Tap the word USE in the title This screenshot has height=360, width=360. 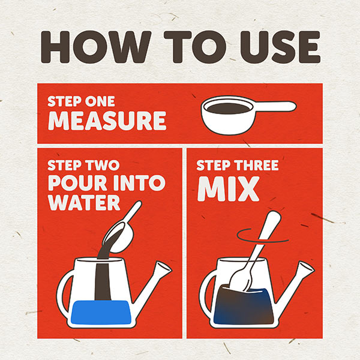pos(280,47)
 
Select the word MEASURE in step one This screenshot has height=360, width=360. pos(107,121)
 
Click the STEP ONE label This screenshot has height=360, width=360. pos(81,101)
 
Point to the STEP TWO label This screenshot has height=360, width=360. pos(83,165)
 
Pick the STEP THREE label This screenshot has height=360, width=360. pos(238,166)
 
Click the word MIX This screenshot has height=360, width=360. pos(228,189)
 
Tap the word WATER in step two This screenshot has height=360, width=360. pos(84,203)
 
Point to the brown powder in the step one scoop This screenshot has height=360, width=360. pos(228,109)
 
